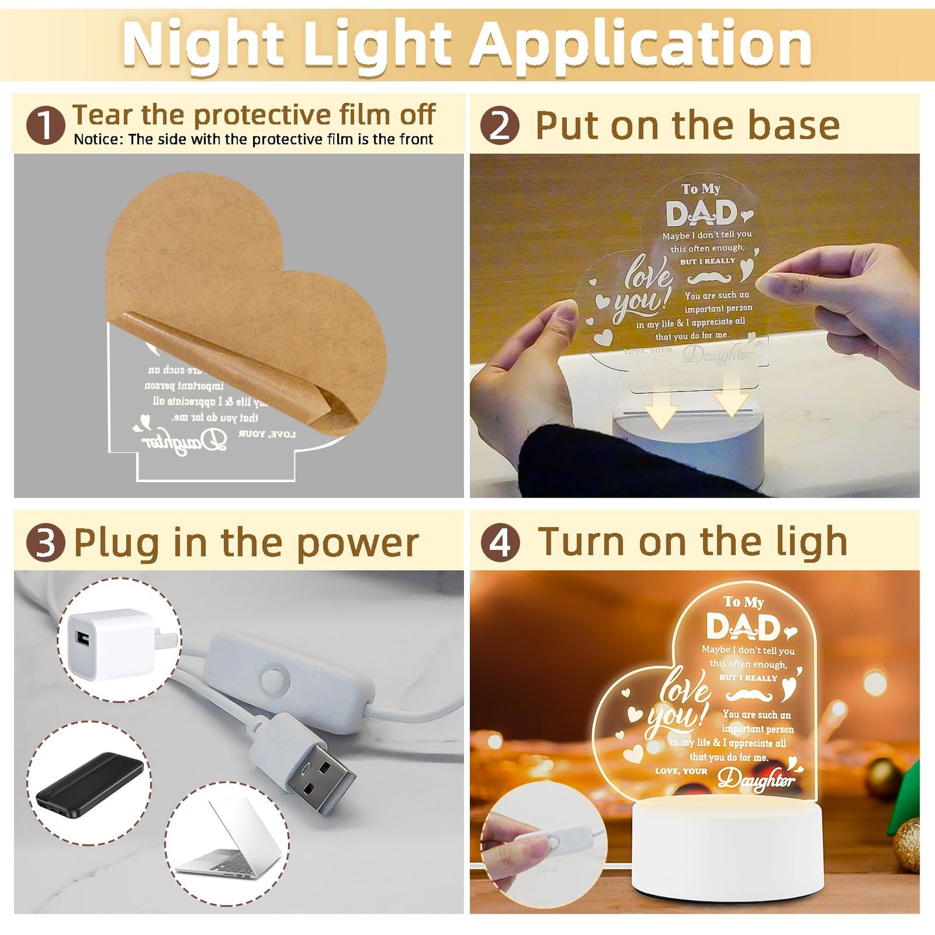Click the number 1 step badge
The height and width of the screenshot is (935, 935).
pyautogui.click(x=45, y=126)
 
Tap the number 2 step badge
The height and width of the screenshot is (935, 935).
pyautogui.click(x=500, y=126)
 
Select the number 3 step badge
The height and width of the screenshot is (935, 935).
pyautogui.click(x=45, y=542)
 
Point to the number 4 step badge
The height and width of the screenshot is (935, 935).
pyautogui.click(x=500, y=542)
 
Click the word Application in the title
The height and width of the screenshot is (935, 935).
pyautogui.click(x=641, y=44)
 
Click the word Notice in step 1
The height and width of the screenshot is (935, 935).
pyautogui.click(x=98, y=139)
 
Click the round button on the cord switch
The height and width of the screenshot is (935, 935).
pyautogui.click(x=274, y=681)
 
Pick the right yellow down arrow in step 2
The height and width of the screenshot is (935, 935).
pyautogui.click(x=732, y=396)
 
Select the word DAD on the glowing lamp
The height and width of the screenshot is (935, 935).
pyautogui.click(x=743, y=627)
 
